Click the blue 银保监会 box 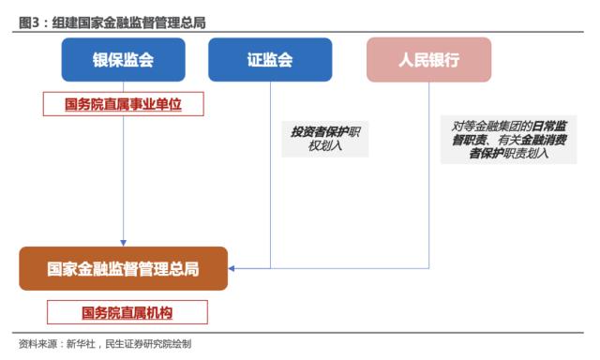pyautogui.click(x=123, y=60)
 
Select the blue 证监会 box pyautogui.click(x=270, y=60)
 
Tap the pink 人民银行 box pyautogui.click(x=428, y=60)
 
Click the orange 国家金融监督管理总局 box pyautogui.click(x=123, y=269)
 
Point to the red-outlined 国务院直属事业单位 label pyautogui.click(x=123, y=104)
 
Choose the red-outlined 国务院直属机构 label pyautogui.click(x=127, y=312)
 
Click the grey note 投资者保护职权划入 pyautogui.click(x=324, y=140)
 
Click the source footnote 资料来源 pyautogui.click(x=38, y=344)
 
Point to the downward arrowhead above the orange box pyautogui.click(x=123, y=242)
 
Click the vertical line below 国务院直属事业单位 pyautogui.click(x=123, y=178)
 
